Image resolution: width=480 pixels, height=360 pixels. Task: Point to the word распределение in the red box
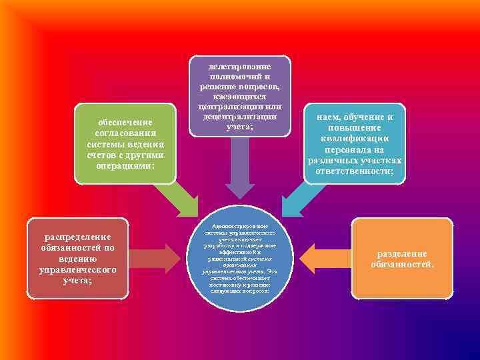click(77, 237)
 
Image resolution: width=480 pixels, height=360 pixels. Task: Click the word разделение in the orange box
click(402, 255)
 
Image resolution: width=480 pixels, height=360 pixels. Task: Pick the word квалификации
click(355, 139)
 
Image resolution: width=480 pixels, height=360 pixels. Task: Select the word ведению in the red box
click(77, 259)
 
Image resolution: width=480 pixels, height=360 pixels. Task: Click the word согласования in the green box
click(125, 133)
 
